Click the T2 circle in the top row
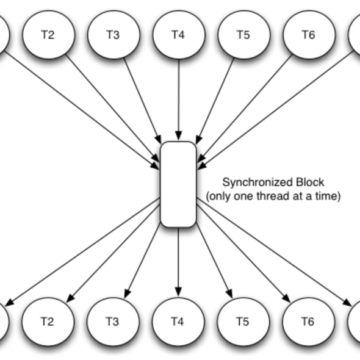tap(48, 35)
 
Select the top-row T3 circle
tap(113, 35)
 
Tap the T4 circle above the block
tap(179, 35)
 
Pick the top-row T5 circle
tap(244, 35)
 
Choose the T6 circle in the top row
tap(309, 35)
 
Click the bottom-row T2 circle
tap(48, 322)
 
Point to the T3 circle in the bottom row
tap(113, 322)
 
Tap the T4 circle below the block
tap(178, 322)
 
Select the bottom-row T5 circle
tap(243, 322)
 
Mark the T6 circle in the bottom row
tap(309, 322)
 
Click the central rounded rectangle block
tap(178, 184)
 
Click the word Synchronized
tap(257, 182)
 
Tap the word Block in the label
tap(310, 182)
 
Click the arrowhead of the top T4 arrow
tap(179, 135)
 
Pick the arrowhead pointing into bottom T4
tap(178, 292)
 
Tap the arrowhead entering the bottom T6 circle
tap(286, 298)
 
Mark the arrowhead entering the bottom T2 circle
tap(71, 298)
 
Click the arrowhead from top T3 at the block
tap(158, 139)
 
